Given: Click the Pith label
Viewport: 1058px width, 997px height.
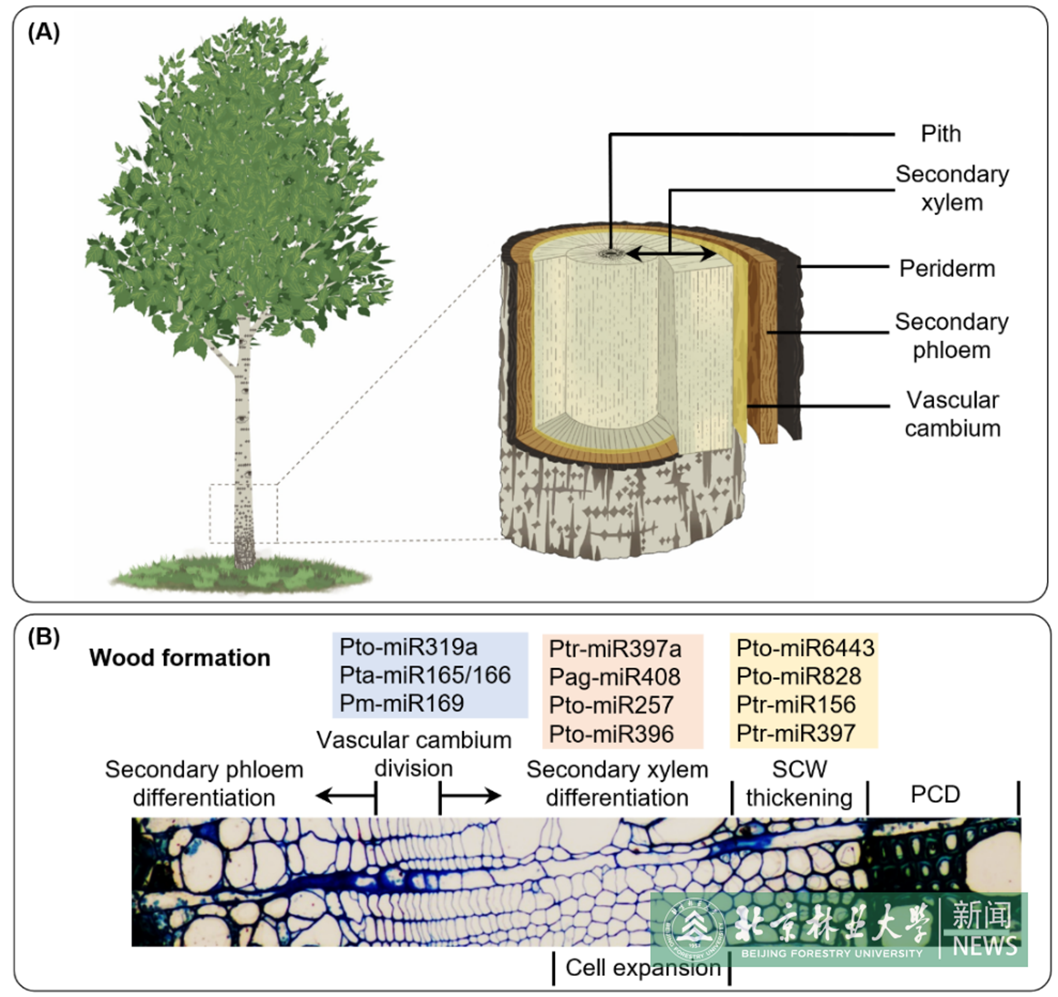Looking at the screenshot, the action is pos(941,134).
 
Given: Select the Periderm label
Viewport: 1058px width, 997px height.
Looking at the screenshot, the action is pos(947,269).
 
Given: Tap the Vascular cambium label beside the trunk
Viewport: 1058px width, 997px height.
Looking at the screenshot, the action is pos(953,414).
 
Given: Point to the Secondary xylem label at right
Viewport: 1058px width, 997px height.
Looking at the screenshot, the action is pos(952,188).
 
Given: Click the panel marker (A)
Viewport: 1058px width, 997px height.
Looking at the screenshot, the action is pos(44,33).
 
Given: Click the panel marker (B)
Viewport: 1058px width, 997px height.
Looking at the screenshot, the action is pos(44,637).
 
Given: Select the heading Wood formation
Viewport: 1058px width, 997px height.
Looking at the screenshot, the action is pos(180,658).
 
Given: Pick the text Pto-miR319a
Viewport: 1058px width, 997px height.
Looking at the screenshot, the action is pos(408,647).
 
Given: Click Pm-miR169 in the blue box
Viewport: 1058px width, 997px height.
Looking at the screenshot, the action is pos(402,703).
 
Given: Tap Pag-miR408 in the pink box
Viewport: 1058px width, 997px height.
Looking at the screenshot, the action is pos(615,677).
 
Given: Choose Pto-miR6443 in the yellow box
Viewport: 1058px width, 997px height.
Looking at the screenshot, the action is pos(805,648).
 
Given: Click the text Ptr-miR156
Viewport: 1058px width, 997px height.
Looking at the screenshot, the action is pos(796,705).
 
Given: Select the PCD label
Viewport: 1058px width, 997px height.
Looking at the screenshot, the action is pos(935,794).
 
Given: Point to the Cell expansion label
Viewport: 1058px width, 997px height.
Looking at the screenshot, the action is pos(643,968).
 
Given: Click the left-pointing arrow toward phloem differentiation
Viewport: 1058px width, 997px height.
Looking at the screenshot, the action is pos(346,796).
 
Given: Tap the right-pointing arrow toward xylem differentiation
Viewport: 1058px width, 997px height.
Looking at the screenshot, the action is pos(470,796).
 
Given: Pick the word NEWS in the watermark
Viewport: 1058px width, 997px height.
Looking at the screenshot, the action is pos(984,946).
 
